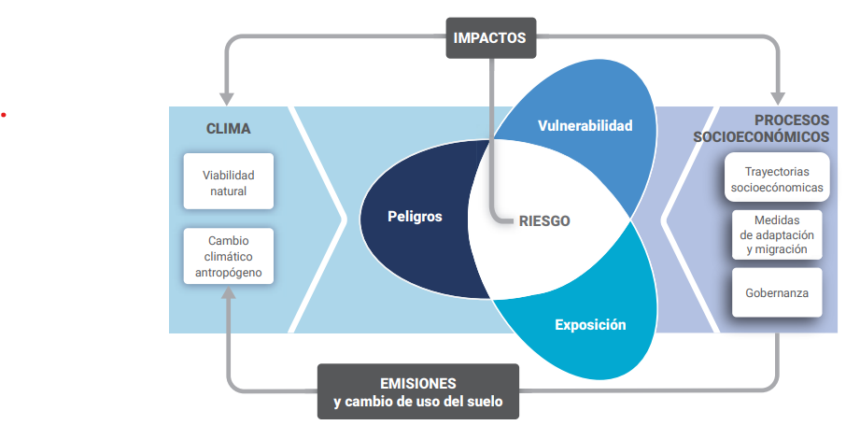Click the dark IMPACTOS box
tap(489, 38)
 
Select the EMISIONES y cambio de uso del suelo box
tap(417, 392)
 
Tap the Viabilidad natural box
tap(228, 182)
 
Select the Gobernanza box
tap(777, 292)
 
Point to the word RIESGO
tap(544, 221)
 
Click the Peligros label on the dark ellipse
tap(415, 217)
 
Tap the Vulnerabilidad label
tap(585, 125)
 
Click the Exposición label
tap(590, 325)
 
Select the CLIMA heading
tap(228, 129)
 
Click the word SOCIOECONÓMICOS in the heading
tap(761, 137)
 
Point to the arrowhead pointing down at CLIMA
tap(226, 98)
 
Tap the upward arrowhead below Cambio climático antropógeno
tap(227, 293)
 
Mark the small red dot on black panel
tap(4, 115)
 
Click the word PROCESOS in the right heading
tap(792, 120)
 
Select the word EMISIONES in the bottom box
tap(417, 384)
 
